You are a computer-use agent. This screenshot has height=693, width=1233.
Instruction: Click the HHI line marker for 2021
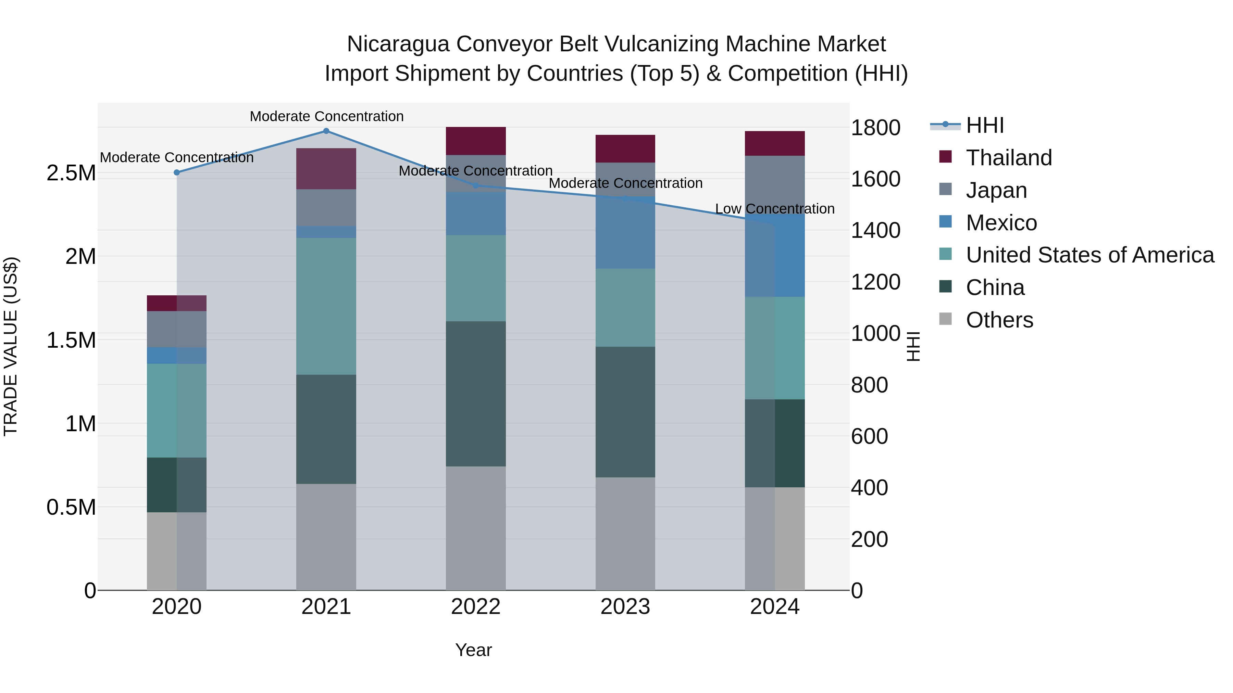(326, 131)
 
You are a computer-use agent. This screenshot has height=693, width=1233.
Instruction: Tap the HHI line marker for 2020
(177, 173)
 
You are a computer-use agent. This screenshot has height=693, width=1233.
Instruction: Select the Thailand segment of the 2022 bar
(476, 141)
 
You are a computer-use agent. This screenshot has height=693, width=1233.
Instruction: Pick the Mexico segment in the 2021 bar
(326, 232)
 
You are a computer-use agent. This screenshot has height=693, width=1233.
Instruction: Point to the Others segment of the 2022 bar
(476, 528)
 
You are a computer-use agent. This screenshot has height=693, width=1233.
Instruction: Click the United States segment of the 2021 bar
(326, 306)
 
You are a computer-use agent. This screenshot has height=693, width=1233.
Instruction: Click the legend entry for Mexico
(1001, 223)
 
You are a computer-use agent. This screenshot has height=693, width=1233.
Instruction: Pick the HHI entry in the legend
(985, 125)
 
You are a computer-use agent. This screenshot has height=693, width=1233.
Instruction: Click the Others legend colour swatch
(945, 319)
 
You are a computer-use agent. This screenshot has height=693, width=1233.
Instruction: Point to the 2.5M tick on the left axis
(71, 173)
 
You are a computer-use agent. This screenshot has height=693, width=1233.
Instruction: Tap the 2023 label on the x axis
(625, 607)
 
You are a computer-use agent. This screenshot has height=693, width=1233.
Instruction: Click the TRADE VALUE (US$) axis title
(11, 346)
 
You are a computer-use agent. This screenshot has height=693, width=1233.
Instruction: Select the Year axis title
(473, 650)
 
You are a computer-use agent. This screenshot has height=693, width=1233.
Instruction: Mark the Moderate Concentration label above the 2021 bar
(326, 116)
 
